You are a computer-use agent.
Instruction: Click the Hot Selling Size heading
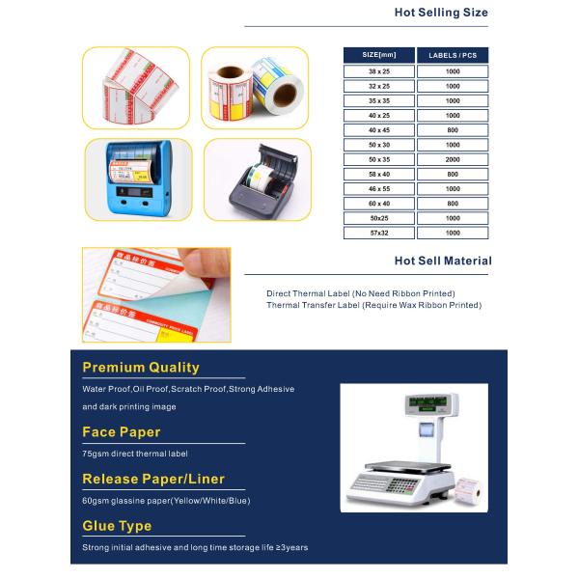pos(441,13)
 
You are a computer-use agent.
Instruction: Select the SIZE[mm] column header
pos(378,55)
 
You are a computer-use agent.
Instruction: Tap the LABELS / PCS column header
pos(453,55)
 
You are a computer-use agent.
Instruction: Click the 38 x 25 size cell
pos(378,70)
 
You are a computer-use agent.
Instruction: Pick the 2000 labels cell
pos(453,159)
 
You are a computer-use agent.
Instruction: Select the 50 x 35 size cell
pos(378,159)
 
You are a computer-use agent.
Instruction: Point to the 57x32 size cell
pos(378,233)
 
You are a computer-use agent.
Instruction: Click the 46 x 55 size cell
pos(378,188)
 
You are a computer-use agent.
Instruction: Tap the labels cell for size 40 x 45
pos(453,129)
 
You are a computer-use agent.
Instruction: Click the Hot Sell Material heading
pos(443,261)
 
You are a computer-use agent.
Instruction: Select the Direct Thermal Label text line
pos(360,292)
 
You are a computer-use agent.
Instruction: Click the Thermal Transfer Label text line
pos(373,305)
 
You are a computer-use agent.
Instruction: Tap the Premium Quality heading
pos(141,367)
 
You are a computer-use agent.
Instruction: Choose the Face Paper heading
pos(122,431)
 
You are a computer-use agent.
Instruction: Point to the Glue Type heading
pos(117,526)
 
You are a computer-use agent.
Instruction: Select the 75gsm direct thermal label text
pos(135,454)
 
